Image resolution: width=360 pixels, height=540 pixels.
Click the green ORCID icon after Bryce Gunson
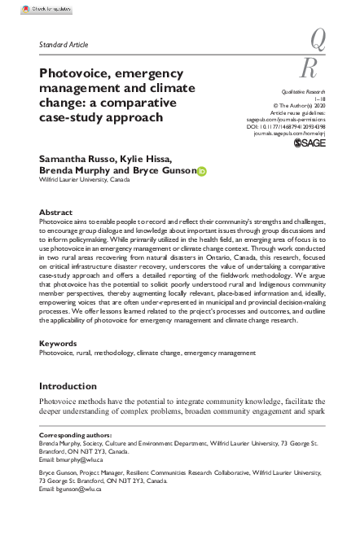203,170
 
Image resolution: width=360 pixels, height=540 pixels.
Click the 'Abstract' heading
56,212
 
